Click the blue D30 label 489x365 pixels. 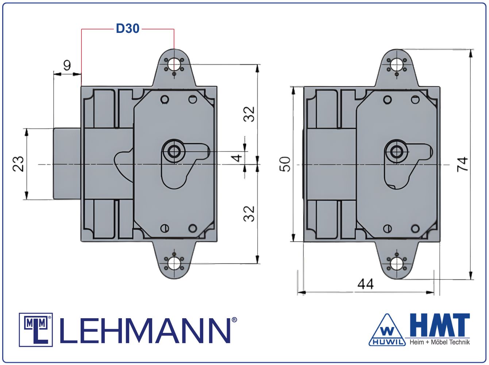pos(128,28)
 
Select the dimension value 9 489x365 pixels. pos(67,65)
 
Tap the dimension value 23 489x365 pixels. pos(18,164)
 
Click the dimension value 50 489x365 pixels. pos(285,164)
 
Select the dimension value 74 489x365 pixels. pos(462,164)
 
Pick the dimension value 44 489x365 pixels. pos(365,284)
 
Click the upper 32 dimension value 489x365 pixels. pos(249,114)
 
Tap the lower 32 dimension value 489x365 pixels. pos(249,214)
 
